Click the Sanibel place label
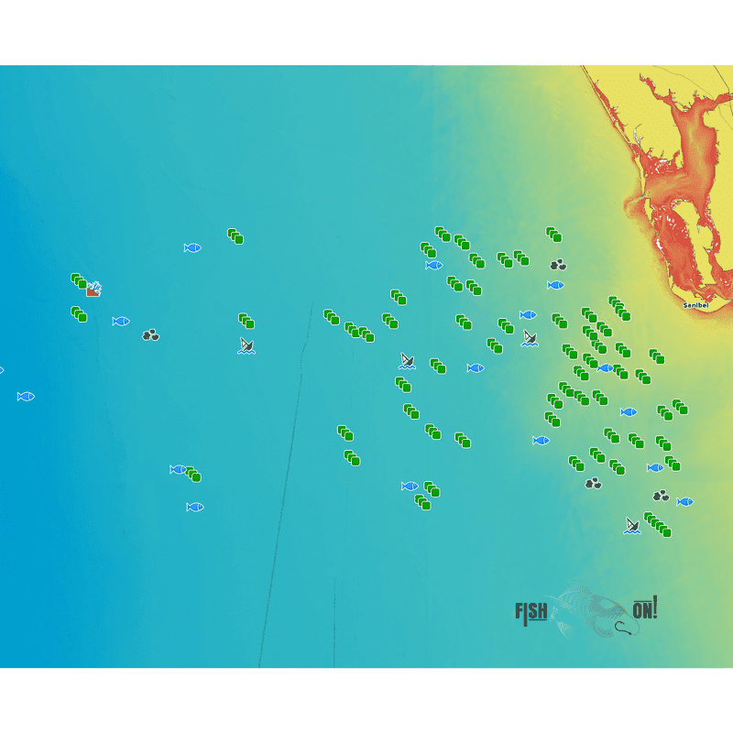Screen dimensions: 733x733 point(695,304)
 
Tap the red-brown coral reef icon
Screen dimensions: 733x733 point(93,290)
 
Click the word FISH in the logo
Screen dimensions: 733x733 point(531,611)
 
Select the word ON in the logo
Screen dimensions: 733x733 point(643,609)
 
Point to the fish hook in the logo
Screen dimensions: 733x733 point(625,628)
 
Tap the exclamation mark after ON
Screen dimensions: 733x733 point(656,607)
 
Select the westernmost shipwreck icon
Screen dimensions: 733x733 point(246,345)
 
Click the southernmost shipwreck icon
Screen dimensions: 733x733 point(632,525)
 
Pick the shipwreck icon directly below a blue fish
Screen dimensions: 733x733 point(530,338)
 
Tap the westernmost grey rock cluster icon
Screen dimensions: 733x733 point(151,335)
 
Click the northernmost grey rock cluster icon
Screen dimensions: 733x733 point(558,265)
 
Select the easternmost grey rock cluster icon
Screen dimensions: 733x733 point(661,496)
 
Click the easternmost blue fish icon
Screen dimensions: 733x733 point(684,502)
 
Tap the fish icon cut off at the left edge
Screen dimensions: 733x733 point(1,370)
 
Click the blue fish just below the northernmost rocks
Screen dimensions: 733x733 point(555,285)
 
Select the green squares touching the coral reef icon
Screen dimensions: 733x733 point(79,281)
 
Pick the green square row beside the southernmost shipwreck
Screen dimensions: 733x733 point(657,525)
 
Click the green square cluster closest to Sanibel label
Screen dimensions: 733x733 point(619,309)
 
